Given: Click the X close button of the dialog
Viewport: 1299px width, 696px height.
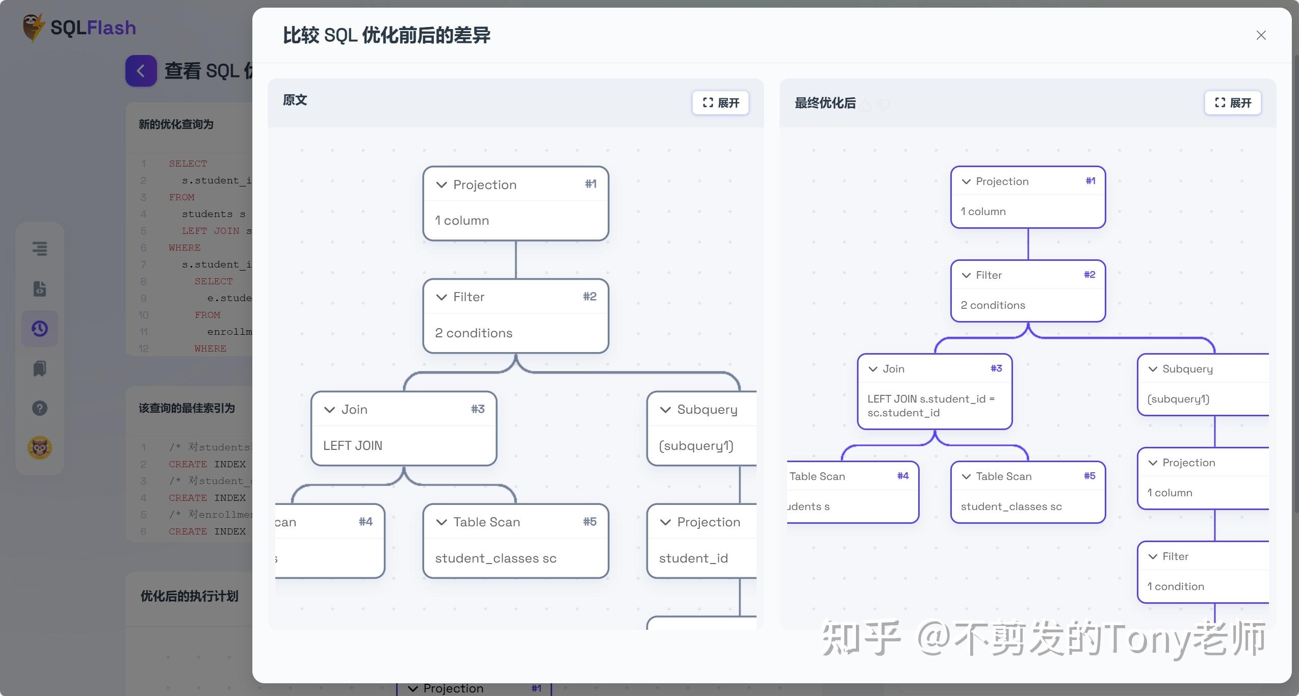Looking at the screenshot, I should click(x=1261, y=35).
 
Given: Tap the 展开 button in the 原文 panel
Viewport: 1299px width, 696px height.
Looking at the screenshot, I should click(x=720, y=103).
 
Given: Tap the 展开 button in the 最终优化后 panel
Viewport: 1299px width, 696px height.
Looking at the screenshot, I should click(x=1232, y=103).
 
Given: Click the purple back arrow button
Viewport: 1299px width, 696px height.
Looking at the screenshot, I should click(x=141, y=71).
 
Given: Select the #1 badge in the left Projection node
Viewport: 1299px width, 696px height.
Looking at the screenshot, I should click(x=590, y=184).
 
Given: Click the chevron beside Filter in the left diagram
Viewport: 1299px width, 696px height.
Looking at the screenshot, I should click(x=441, y=297).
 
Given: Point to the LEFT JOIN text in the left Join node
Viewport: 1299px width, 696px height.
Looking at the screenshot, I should click(x=353, y=445).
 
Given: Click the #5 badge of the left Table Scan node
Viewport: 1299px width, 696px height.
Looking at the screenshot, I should click(x=589, y=521).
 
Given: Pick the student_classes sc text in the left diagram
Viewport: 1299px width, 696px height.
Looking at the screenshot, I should click(x=496, y=558).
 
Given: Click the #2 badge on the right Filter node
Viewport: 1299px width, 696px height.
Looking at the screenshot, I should click(x=1089, y=275).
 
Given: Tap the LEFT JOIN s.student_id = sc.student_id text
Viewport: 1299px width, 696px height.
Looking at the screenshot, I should click(x=930, y=406).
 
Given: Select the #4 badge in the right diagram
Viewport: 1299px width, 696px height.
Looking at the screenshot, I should click(x=902, y=476).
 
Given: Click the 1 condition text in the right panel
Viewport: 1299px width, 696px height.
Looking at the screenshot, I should click(x=1176, y=586).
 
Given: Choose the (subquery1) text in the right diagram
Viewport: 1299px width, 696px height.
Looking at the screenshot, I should click(x=1178, y=399).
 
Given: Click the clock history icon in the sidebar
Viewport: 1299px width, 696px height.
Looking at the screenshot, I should click(x=40, y=329).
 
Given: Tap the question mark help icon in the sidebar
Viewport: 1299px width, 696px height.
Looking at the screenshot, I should click(x=40, y=408).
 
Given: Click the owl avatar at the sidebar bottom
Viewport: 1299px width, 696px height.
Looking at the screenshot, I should click(x=40, y=448).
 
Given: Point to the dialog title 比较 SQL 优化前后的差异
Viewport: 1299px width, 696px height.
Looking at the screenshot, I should click(x=386, y=35).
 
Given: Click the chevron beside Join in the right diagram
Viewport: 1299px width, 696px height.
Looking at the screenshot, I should click(x=873, y=369).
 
